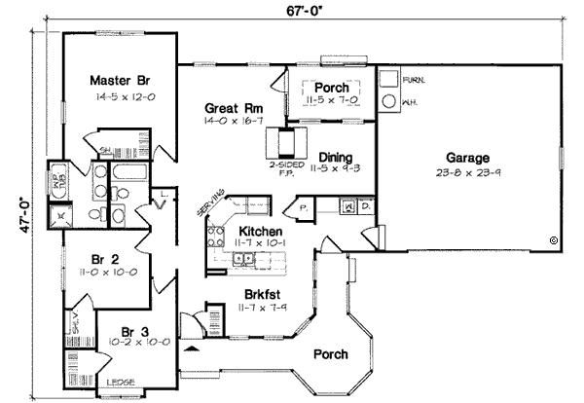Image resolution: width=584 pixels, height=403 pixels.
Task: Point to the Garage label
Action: (467, 158)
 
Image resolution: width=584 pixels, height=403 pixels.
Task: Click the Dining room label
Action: (336, 155)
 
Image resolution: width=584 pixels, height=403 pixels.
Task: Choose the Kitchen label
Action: (261, 232)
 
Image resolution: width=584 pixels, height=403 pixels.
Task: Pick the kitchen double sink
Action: (249, 258)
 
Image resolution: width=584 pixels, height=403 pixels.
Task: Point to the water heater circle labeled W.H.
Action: (388, 99)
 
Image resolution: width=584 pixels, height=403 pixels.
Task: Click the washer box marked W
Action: (347, 206)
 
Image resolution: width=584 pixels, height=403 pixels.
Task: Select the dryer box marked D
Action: (365, 206)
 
